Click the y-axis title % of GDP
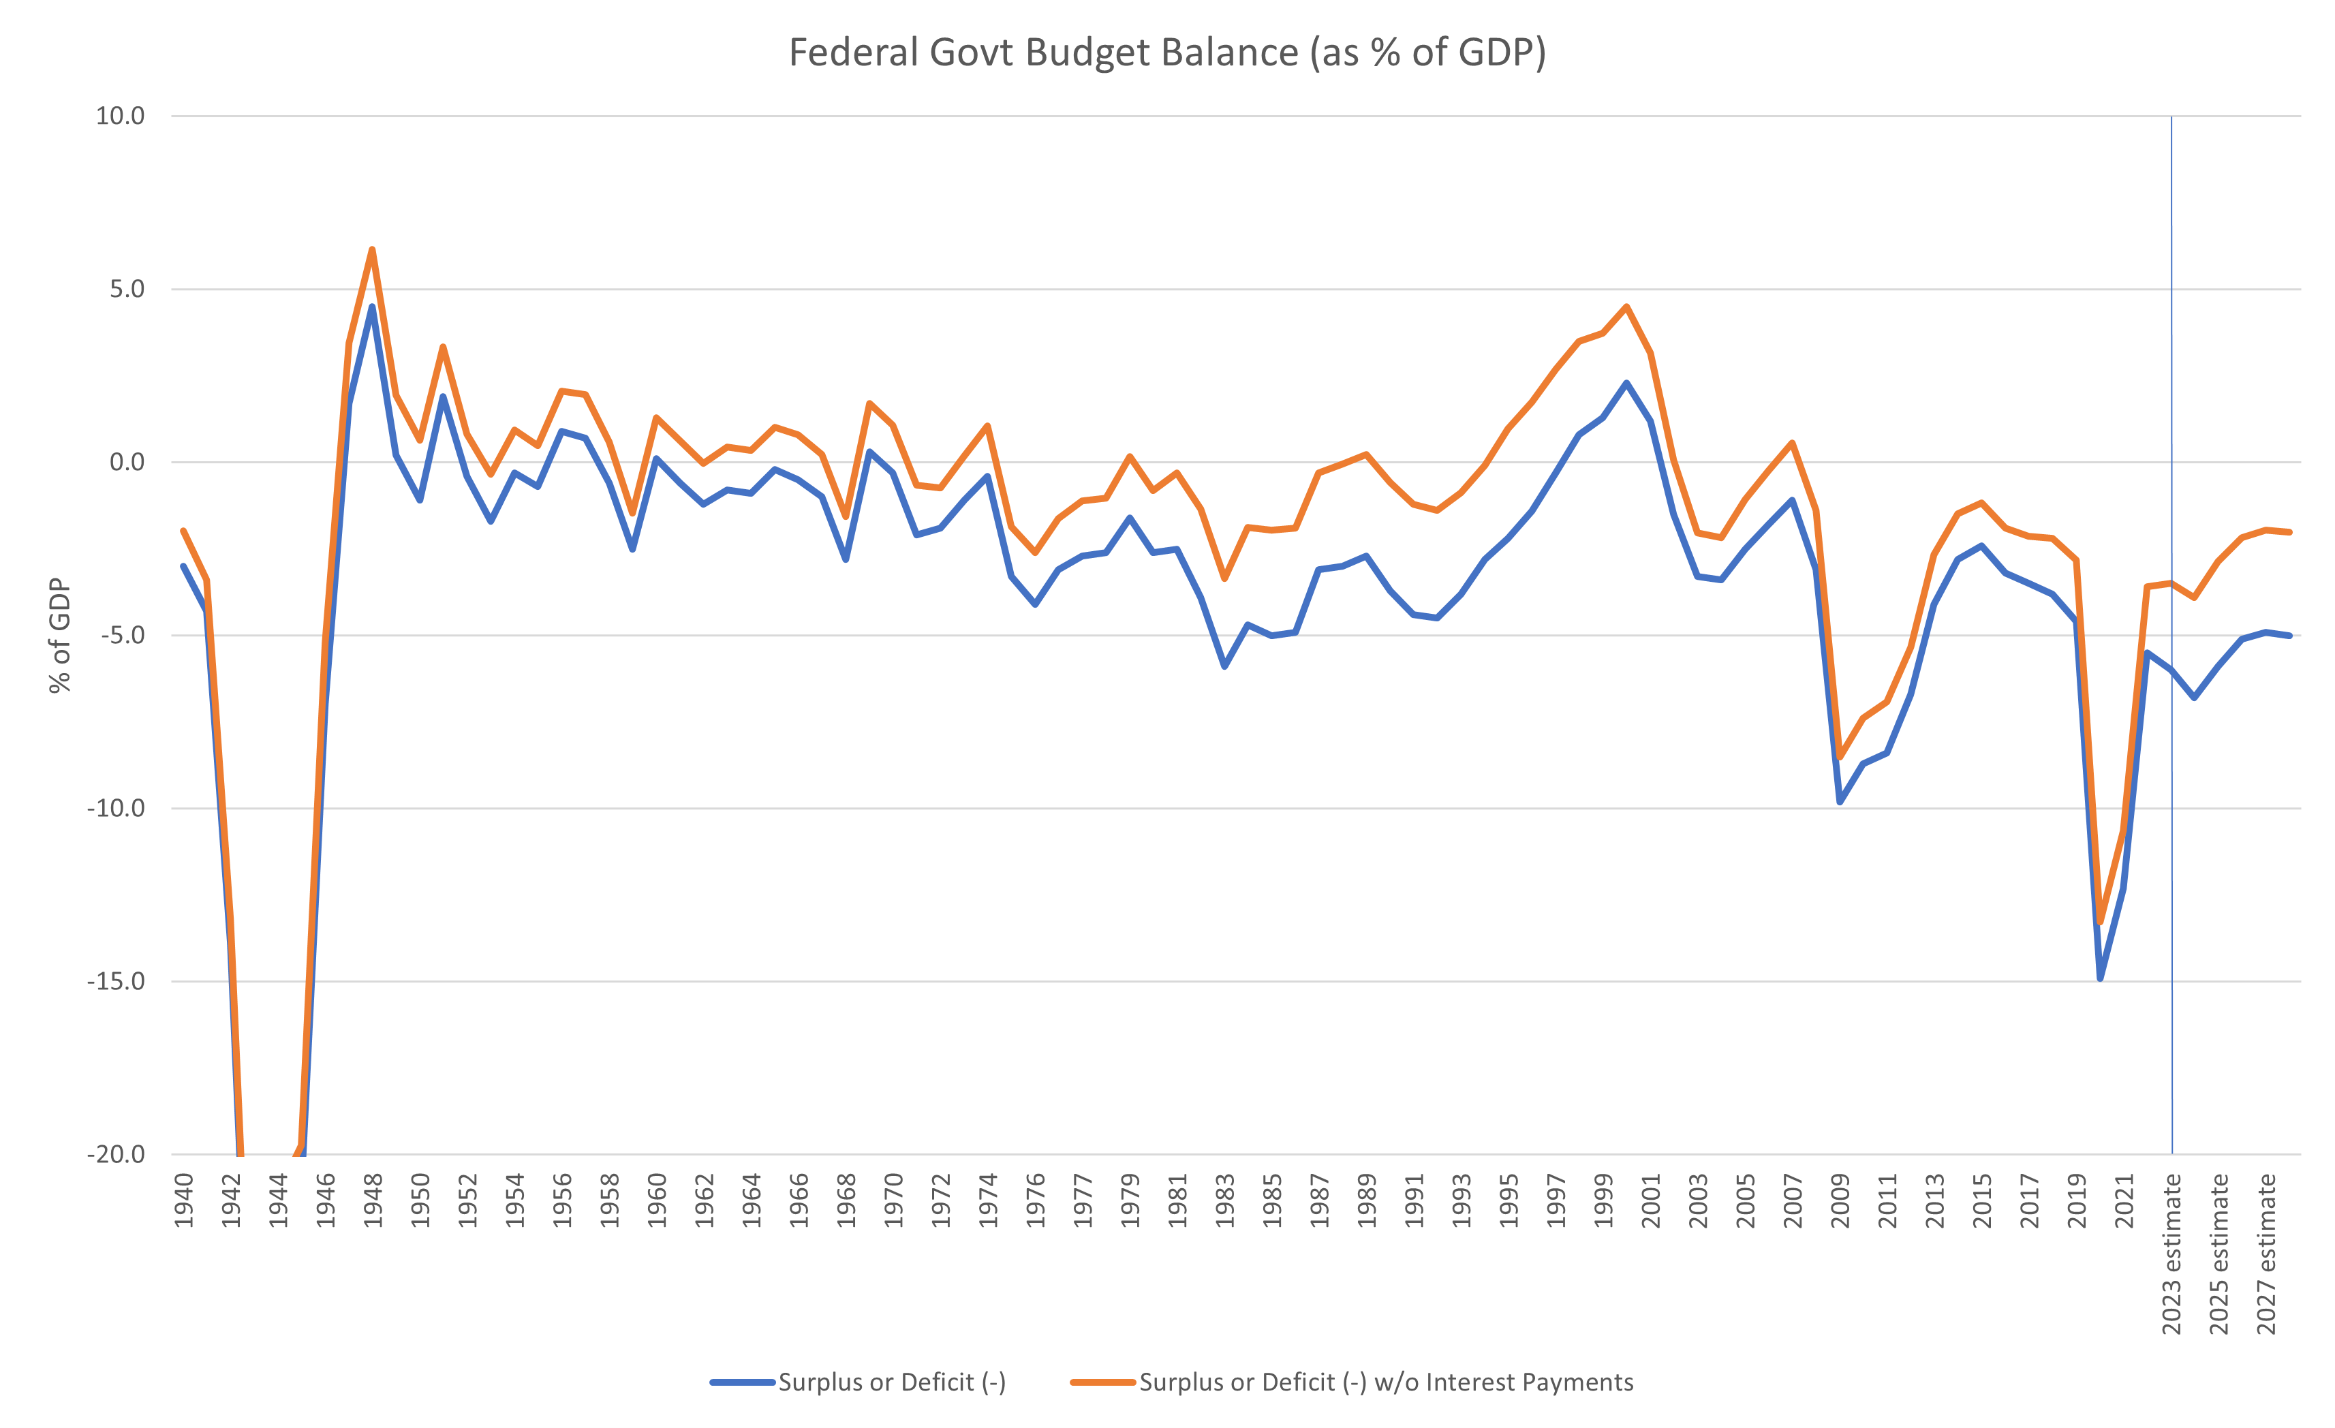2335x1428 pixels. (x=60, y=635)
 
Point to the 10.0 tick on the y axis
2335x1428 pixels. (x=121, y=116)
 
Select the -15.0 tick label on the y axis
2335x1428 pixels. (x=116, y=981)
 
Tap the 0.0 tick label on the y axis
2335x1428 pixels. (x=127, y=463)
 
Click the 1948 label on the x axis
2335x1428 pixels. (x=373, y=1200)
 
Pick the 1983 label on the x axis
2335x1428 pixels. (x=1224, y=1200)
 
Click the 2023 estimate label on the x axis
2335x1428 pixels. (x=2171, y=1254)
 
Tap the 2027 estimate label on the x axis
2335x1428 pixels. (x=2266, y=1254)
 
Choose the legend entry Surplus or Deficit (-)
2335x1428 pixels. (x=891, y=1382)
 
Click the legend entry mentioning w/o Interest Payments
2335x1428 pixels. (x=1385, y=1382)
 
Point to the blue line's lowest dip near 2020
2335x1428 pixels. (x=2100, y=978)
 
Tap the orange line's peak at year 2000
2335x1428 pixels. (x=1626, y=306)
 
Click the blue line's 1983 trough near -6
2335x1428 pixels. (x=1224, y=666)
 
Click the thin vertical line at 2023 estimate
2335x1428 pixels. (x=2171, y=853)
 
